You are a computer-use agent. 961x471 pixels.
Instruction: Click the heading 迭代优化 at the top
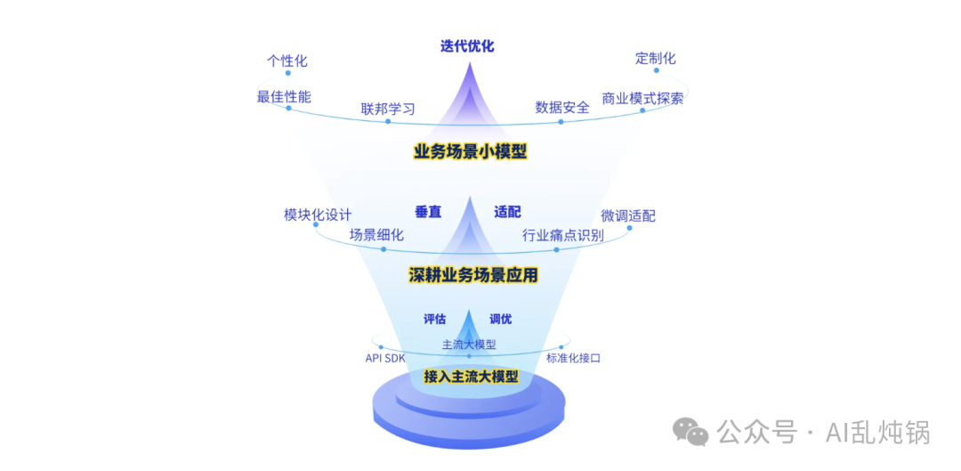467,46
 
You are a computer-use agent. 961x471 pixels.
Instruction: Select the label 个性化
287,61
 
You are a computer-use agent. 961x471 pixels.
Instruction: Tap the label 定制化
656,59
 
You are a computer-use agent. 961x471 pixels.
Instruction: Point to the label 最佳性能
284,97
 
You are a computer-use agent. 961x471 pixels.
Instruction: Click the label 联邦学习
388,110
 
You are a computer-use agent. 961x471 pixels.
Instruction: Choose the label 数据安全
562,108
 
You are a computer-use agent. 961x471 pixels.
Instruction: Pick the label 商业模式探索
642,98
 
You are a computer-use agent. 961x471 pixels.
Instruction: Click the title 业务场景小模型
471,151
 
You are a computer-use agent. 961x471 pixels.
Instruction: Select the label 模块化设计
318,215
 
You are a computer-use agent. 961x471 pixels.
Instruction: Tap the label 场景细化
376,235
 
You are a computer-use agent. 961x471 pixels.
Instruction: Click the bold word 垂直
428,212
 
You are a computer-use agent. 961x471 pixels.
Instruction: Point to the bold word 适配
507,212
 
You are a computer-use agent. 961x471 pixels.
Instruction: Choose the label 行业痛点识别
562,235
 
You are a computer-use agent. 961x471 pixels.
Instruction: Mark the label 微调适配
628,215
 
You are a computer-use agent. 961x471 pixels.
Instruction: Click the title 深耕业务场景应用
473,275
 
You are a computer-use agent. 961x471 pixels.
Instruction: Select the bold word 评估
435,319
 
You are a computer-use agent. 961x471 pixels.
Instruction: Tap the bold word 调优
501,319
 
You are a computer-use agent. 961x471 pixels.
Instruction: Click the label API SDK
385,358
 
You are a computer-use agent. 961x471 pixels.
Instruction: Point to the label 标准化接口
574,358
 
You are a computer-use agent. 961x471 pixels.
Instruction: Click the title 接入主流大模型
471,377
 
